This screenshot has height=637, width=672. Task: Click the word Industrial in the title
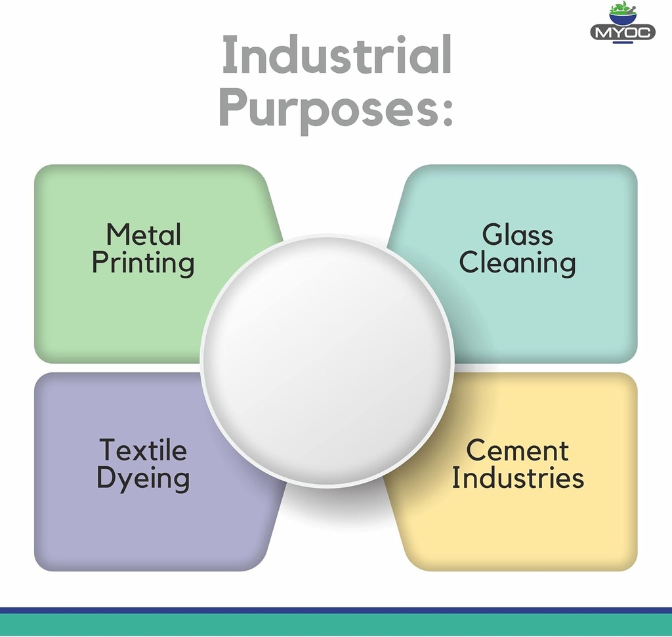(x=337, y=55)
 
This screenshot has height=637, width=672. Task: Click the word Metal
(x=144, y=234)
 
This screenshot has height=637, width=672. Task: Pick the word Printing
(x=143, y=263)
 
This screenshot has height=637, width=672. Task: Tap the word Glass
(x=517, y=234)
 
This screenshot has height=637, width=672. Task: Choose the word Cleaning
(x=517, y=263)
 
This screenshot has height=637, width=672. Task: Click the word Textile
(x=143, y=450)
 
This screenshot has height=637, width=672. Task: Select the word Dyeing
(x=143, y=479)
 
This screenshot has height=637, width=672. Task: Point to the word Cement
(x=517, y=450)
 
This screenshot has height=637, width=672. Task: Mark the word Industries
(x=517, y=478)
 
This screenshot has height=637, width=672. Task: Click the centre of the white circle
(x=327, y=361)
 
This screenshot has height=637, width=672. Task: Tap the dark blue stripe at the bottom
(x=336, y=609)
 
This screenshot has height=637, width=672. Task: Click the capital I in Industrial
(x=228, y=55)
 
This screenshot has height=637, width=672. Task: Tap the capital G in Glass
(x=492, y=234)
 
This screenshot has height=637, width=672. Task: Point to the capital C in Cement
(x=476, y=450)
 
